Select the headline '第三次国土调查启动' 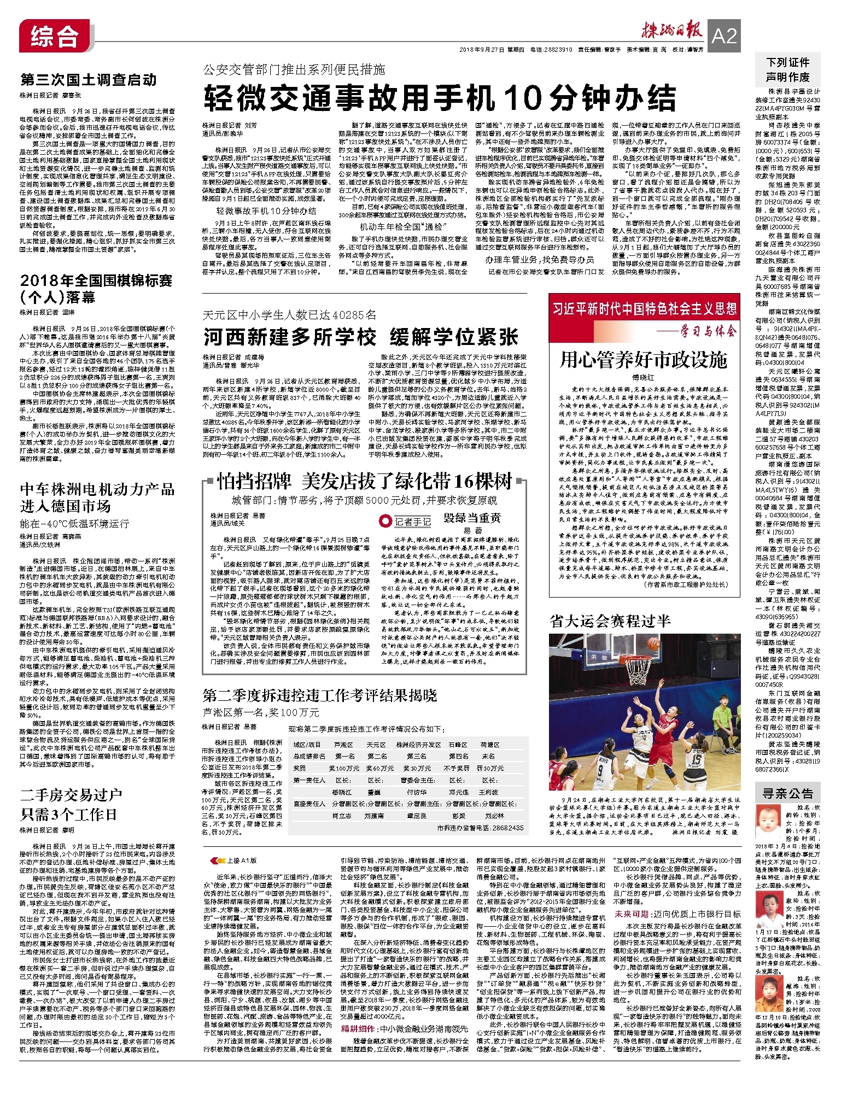tap(89, 80)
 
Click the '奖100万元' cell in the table tap(344, 768)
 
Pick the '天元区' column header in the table tap(376, 745)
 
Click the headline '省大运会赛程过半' tap(610, 621)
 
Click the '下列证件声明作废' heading tap(787, 69)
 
